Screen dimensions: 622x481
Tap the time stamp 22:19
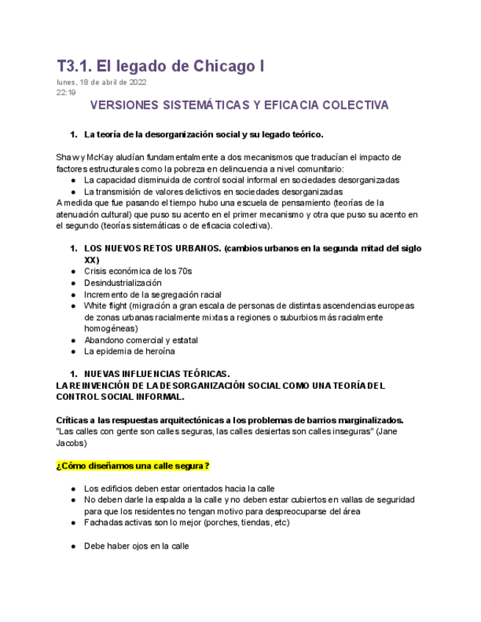tap(65, 93)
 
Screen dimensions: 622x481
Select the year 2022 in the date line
tap(136, 82)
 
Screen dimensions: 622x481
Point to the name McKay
tap(102, 158)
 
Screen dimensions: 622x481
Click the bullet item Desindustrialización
tap(123, 283)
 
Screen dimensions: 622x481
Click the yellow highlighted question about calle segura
tap(133, 466)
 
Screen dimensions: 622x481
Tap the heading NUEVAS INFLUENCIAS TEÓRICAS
tap(157, 374)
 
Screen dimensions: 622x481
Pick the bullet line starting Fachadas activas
tap(187, 523)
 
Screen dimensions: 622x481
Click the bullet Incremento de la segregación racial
tap(153, 295)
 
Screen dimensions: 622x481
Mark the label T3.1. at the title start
tap(74, 66)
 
